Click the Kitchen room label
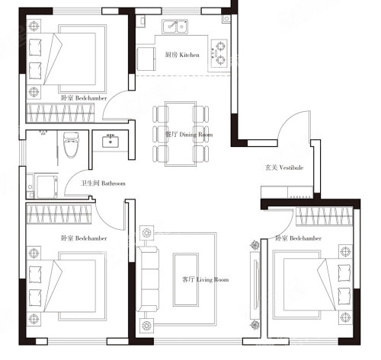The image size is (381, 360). tap(182, 55)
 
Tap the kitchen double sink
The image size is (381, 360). tap(175, 27)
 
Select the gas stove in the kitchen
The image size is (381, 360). tap(219, 53)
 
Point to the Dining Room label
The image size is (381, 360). tap(189, 135)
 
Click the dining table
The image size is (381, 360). tap(181, 134)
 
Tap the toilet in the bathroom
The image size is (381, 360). tap(71, 145)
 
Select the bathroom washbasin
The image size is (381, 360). tap(110, 142)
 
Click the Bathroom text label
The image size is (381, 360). tap(103, 183)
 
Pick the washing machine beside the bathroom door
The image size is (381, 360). tap(47, 186)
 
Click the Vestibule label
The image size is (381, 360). tap(284, 167)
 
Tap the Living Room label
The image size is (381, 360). tap(206, 279)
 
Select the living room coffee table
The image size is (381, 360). tap(186, 279)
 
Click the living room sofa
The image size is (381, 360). tap(148, 279)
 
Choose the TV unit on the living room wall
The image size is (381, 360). tap(255, 285)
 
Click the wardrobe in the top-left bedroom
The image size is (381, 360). tap(60, 113)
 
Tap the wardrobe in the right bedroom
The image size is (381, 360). tap(325, 216)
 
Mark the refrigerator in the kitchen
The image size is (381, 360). tap(146, 59)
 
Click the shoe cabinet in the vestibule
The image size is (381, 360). tap(287, 193)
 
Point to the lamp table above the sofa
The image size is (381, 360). tap(146, 232)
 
